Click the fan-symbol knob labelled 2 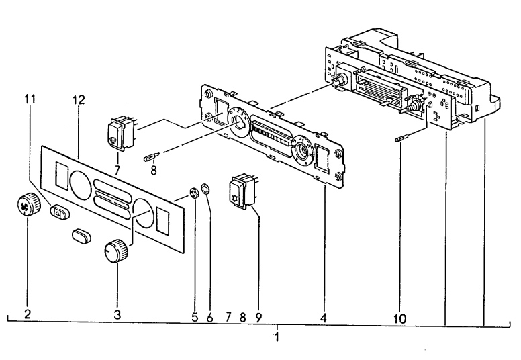pyautogui.click(x=28, y=204)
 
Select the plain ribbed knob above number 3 pyautogui.click(x=115, y=251)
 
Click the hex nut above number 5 pyautogui.click(x=194, y=193)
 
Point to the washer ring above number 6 pyautogui.click(x=205, y=189)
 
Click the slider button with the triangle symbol pyautogui.click(x=60, y=211)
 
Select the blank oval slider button pyautogui.click(x=81, y=235)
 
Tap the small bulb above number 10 pyautogui.click(x=399, y=139)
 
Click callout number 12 pyautogui.click(x=79, y=100)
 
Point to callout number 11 pyautogui.click(x=30, y=99)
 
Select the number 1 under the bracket pyautogui.click(x=277, y=337)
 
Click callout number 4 pyautogui.click(x=324, y=318)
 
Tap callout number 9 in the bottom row pyautogui.click(x=258, y=318)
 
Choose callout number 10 pyautogui.click(x=399, y=319)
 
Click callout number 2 pyautogui.click(x=28, y=314)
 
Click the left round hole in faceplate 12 pyautogui.click(x=80, y=185)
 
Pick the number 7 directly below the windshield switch pyautogui.click(x=117, y=170)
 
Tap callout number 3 pyautogui.click(x=117, y=314)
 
